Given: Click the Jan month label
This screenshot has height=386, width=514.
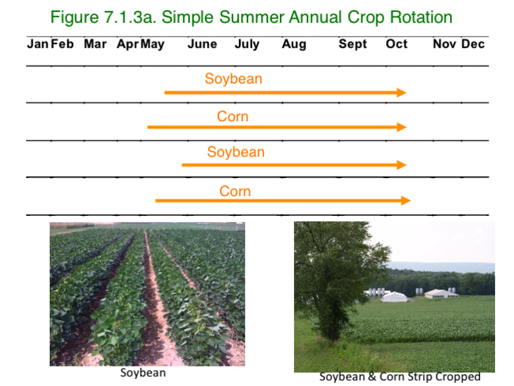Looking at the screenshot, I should pos(37,44).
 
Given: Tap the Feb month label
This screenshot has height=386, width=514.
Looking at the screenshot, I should pos(62,44).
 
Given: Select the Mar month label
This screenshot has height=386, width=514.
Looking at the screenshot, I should pos(95,44).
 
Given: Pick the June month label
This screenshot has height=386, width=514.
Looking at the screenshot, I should pos(202,44).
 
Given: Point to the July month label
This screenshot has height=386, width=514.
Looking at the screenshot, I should pos(247,44).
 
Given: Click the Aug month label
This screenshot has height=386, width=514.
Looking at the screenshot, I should pos(294,44).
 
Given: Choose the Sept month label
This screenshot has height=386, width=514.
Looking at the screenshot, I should pos(353,44).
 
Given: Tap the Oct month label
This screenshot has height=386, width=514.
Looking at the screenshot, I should pos(397,44).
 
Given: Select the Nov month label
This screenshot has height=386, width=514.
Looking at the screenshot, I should pos(444,44).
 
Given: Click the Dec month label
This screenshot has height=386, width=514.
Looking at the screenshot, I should pos(473,44).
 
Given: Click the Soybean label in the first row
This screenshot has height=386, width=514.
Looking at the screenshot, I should pos(233,79).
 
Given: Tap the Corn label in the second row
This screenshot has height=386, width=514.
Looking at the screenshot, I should pos(232,117).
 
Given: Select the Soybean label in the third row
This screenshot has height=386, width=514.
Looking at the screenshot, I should pos(236,152).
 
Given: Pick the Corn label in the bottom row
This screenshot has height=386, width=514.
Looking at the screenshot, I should pos(235,191).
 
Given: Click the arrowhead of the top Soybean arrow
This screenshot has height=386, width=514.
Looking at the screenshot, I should pos(402,93).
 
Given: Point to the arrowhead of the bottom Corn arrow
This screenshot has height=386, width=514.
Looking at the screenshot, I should pos(406,201).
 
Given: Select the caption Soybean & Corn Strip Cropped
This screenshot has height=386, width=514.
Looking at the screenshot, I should pos(400,377).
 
